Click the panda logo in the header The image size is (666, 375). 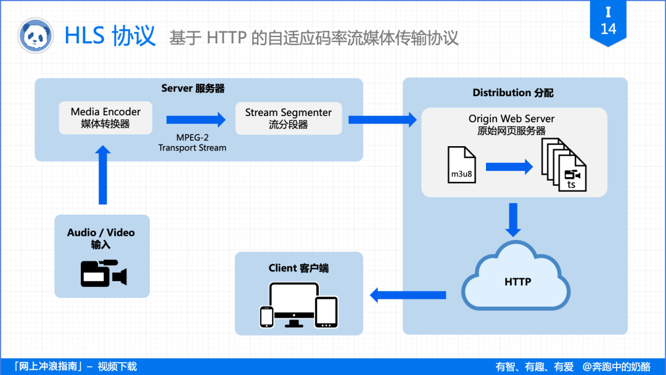36,35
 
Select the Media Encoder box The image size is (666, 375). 105,118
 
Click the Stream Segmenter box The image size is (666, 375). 288,118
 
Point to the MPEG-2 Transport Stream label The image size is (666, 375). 192,143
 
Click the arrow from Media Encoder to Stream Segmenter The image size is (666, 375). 196,120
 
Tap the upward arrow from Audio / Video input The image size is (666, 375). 103,174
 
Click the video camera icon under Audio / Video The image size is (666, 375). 103,273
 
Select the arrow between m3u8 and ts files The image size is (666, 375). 509,167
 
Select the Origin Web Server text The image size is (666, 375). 511,119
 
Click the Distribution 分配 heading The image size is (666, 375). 512,93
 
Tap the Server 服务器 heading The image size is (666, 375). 193,88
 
